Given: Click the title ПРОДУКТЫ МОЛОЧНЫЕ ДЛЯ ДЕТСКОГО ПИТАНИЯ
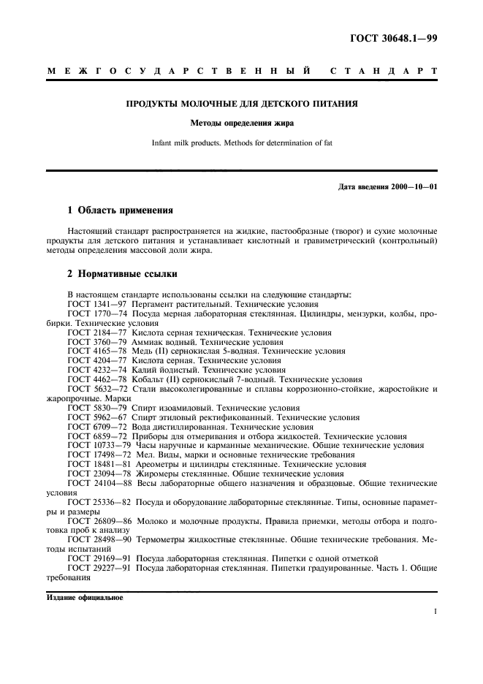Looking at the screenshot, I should tap(241, 104).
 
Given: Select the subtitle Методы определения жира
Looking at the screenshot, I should tap(241, 123).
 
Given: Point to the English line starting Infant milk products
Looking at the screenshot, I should tap(241, 142).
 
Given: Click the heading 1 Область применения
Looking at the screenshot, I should tap(120, 210).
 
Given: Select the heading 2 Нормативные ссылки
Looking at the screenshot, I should tap(120, 276).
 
